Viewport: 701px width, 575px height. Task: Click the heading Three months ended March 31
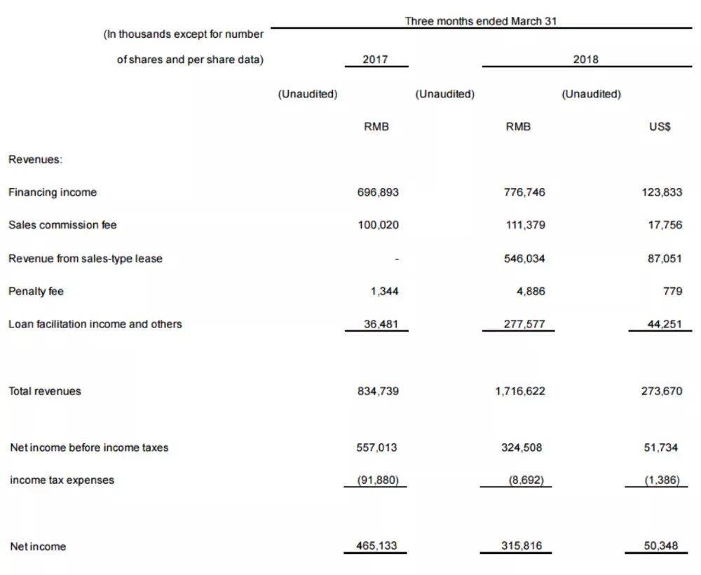pyautogui.click(x=481, y=21)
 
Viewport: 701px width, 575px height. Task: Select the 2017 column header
pyautogui.click(x=376, y=60)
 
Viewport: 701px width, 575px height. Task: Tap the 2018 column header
pyautogui.click(x=586, y=60)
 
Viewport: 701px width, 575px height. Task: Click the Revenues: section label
pyautogui.click(x=35, y=159)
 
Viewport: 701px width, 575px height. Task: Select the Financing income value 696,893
pyautogui.click(x=378, y=192)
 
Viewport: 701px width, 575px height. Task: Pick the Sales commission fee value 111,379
pyautogui.click(x=524, y=225)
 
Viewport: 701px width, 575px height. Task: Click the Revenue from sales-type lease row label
pyautogui.click(x=85, y=258)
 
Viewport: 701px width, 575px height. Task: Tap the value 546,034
pyautogui.click(x=524, y=258)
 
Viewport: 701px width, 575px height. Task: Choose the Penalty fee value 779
pyautogui.click(x=673, y=291)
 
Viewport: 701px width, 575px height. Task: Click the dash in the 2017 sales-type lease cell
pyautogui.click(x=397, y=259)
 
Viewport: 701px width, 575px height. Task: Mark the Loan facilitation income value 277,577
pyautogui.click(x=524, y=324)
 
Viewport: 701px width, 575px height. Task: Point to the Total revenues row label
pyautogui.click(x=44, y=391)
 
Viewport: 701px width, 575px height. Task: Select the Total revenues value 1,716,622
pyautogui.click(x=519, y=391)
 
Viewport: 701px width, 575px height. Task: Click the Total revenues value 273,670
pyautogui.click(x=661, y=391)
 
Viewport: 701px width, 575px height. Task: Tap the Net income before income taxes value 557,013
pyautogui.click(x=378, y=447)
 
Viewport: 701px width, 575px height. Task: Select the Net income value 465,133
pyautogui.click(x=378, y=546)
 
